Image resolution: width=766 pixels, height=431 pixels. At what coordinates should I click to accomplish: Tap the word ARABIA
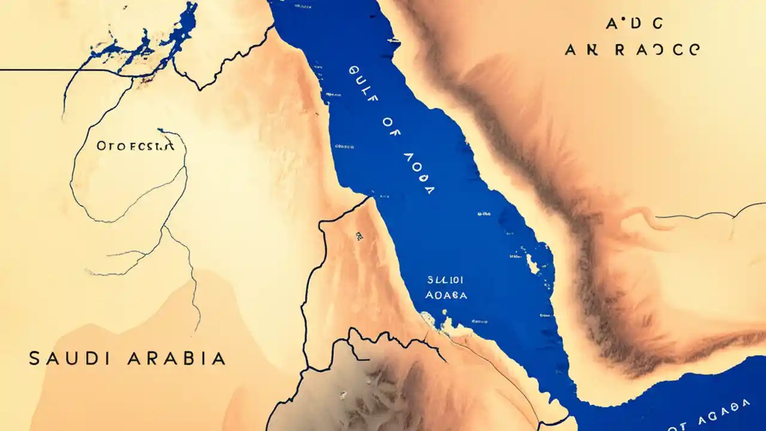tap(177, 359)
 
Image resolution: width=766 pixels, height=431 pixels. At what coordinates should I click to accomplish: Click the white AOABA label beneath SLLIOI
tap(446, 295)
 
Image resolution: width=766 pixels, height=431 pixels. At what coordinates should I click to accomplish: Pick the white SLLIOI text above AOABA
tap(446, 280)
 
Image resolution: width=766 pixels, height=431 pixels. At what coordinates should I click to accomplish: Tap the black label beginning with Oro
tap(135, 145)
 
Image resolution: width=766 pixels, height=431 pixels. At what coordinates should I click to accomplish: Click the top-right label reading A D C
tap(634, 24)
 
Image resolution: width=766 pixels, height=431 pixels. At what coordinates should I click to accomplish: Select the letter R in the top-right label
tap(619, 50)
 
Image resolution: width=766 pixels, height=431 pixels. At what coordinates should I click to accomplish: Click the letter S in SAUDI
tap(35, 359)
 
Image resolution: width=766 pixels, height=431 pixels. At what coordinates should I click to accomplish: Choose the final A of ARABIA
tap(219, 359)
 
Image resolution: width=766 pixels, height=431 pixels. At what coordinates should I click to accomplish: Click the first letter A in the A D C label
tap(611, 24)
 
